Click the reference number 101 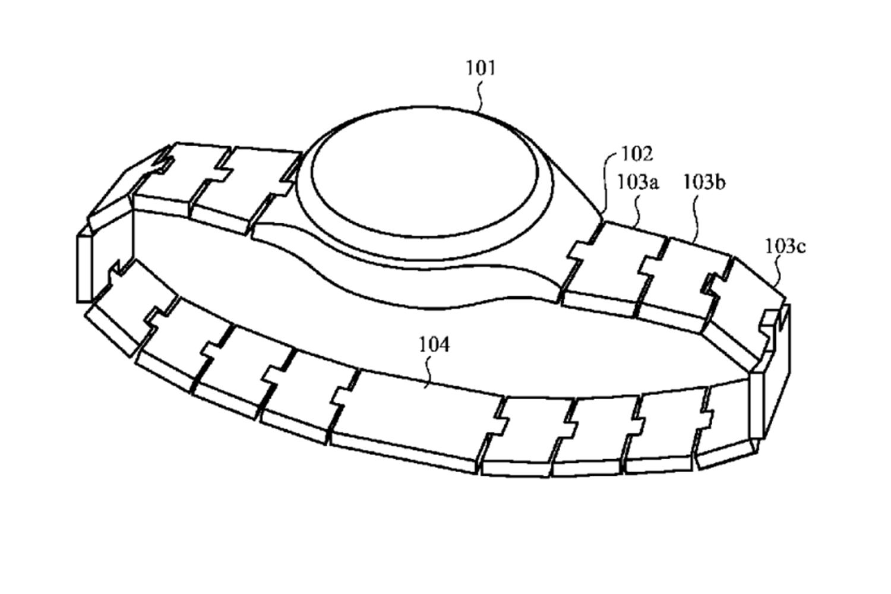pos(481,68)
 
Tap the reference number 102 pos(637,154)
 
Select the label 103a pos(637,182)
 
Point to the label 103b pos(704,182)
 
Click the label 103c pos(786,247)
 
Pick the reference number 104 pos(434,345)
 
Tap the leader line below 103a pos(638,211)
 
